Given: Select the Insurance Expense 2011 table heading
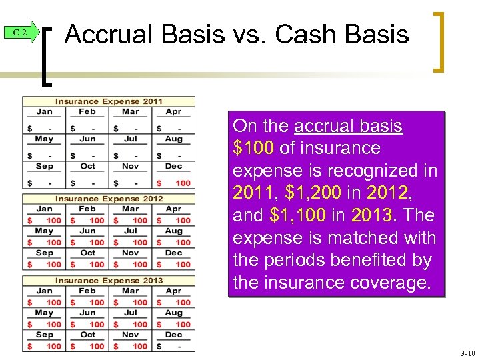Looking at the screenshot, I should pos(109,101).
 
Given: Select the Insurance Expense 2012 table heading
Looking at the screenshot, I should pos(109,199).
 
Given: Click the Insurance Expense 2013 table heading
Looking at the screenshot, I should pos(109,281).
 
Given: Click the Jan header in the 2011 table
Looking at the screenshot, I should pos(45,112).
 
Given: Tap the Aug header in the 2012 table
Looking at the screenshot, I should pos(173,231).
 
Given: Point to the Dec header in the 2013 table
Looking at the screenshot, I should pos(173,335).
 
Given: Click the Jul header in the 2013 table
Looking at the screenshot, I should pos(131,313).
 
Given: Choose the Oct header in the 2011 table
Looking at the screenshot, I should pos(87,166).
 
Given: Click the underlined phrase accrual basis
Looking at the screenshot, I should pos(348,126).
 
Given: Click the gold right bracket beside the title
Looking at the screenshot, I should pos(439,41).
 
